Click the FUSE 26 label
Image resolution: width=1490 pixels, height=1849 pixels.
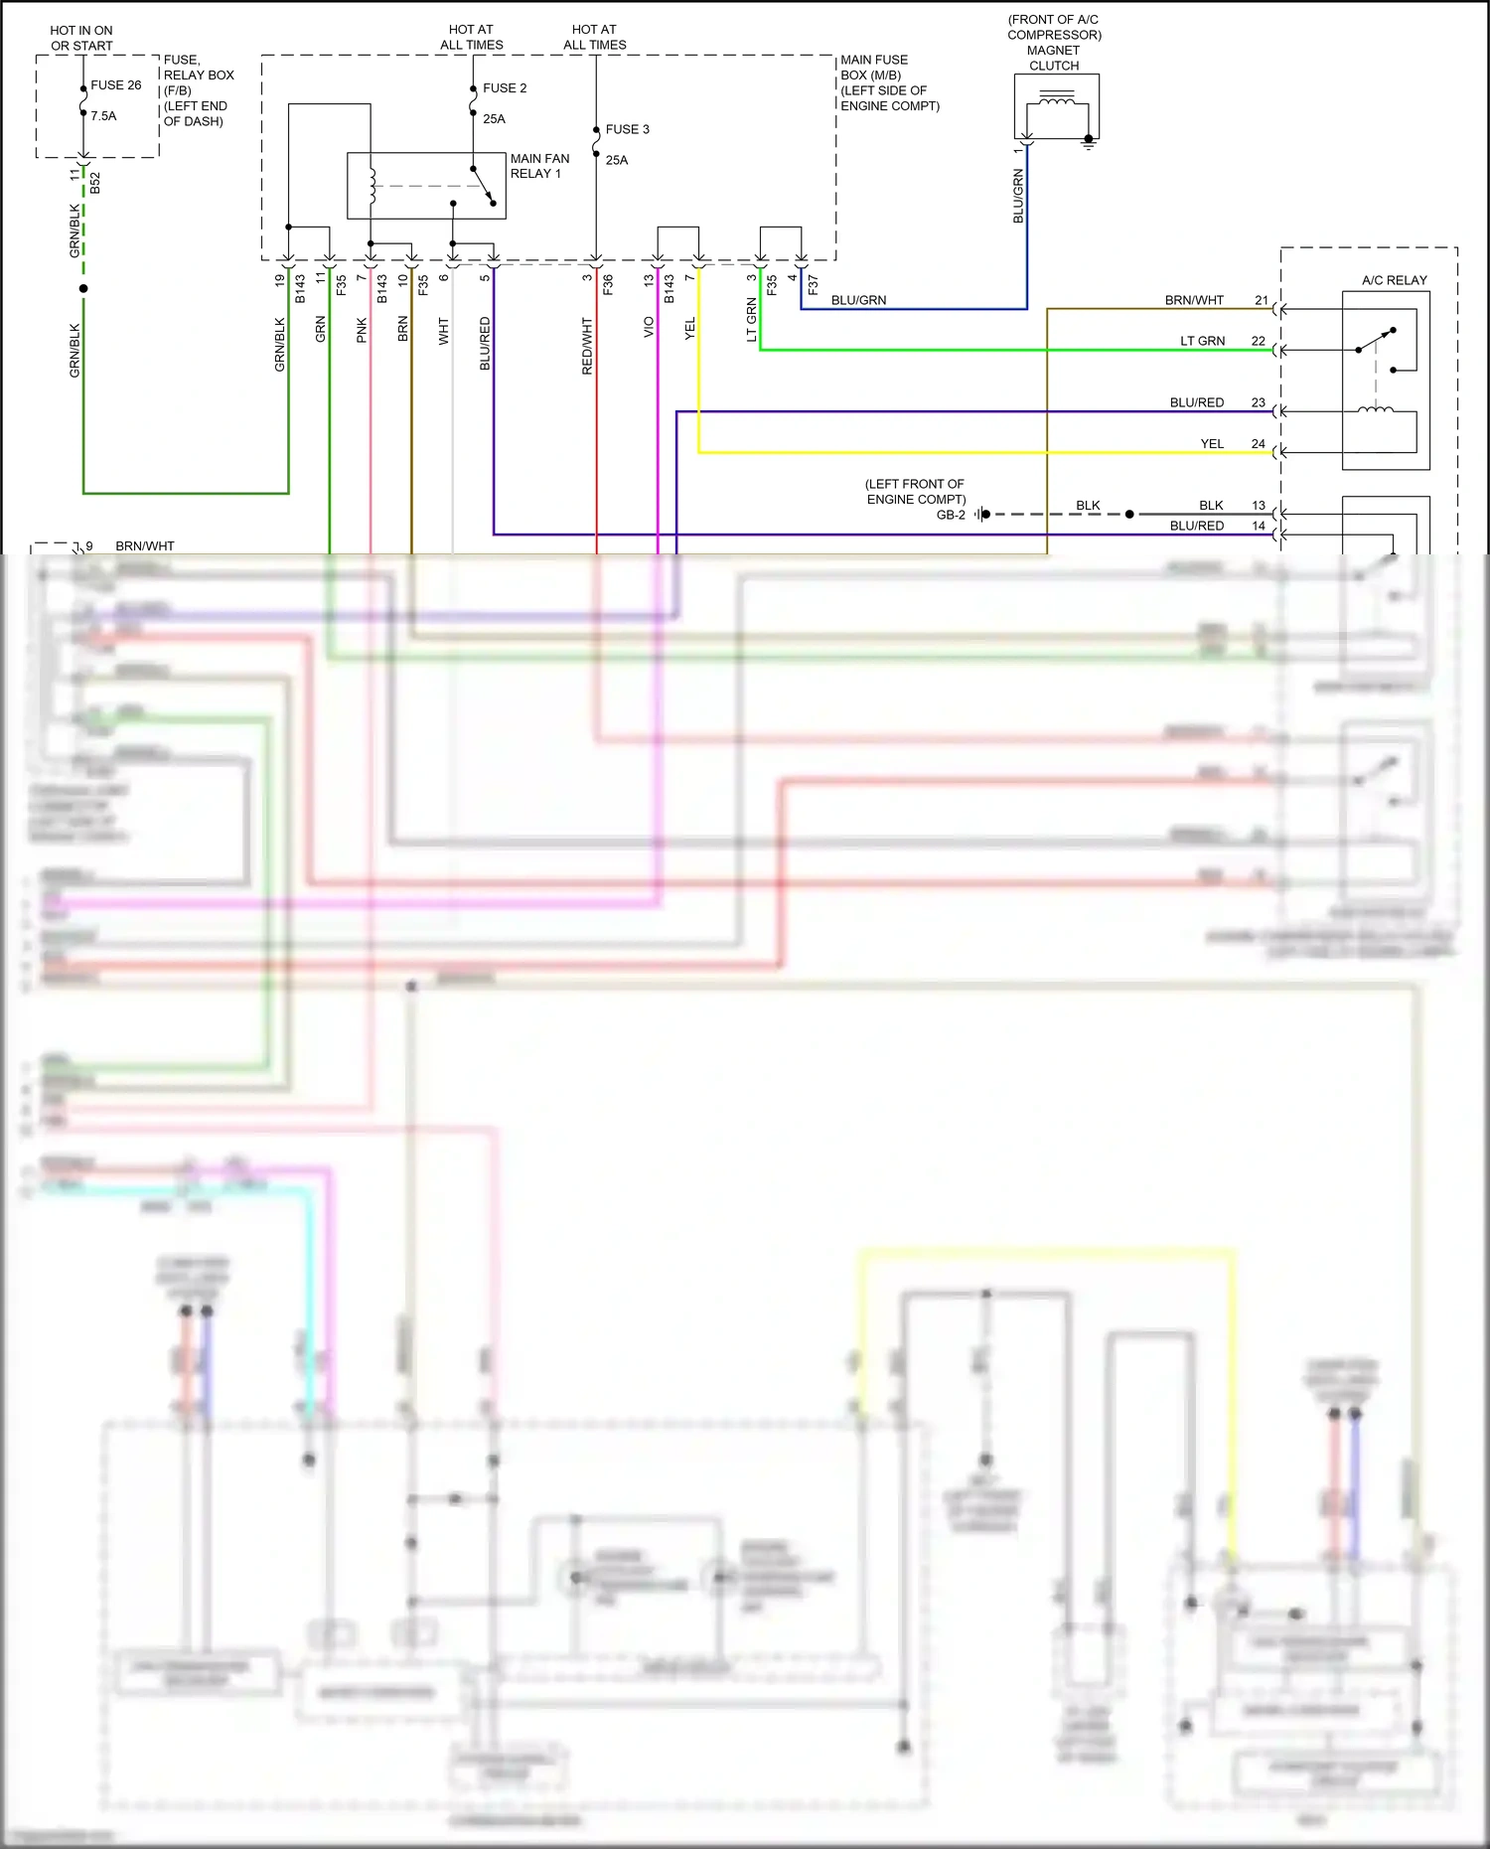click(115, 85)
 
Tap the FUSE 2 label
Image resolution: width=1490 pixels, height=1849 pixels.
click(505, 88)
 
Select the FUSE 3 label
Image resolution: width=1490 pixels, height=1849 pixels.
click(627, 129)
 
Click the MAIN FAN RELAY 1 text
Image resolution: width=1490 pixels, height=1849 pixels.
click(539, 166)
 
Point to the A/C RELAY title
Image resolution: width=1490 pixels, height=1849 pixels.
click(1394, 280)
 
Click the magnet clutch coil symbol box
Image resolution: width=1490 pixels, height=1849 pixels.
click(1056, 106)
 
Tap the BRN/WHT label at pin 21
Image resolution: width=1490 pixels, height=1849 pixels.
click(1194, 300)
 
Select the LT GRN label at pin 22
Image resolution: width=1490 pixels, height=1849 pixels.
click(1202, 341)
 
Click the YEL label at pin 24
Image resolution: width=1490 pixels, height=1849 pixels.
click(1212, 444)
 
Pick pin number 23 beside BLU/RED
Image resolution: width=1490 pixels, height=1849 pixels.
click(1259, 402)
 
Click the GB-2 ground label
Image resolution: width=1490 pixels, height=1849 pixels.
click(951, 515)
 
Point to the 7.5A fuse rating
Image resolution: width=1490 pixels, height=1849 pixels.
click(103, 116)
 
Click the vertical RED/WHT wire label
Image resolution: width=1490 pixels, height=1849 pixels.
click(587, 346)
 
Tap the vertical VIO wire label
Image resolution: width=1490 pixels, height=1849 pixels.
click(649, 327)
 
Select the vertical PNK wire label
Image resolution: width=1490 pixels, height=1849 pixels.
click(362, 330)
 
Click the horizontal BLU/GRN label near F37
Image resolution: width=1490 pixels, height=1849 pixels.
click(858, 300)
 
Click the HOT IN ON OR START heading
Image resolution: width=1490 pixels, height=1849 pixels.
click(81, 38)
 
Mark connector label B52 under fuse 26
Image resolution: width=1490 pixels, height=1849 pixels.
click(95, 182)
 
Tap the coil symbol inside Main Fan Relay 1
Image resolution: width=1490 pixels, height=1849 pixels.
click(372, 186)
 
